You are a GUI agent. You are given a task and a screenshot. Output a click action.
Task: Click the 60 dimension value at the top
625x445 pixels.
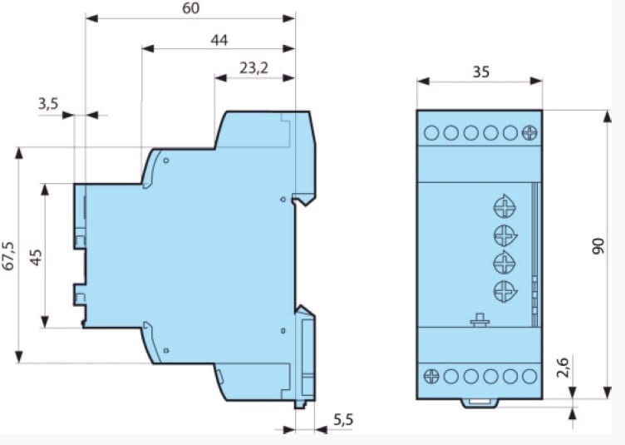pos(191,8)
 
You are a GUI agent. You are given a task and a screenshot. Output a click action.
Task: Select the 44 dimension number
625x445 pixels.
pos(219,40)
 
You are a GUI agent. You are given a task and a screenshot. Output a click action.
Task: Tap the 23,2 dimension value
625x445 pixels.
pos(254,68)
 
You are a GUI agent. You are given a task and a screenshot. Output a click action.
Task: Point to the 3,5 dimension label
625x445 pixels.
pos(48,104)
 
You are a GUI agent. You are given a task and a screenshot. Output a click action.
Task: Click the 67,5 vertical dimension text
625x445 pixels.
pos(9,255)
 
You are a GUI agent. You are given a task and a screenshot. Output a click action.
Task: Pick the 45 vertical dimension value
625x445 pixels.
pos(36,257)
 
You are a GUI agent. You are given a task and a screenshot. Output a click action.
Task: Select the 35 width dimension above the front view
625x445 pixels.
pos(480,72)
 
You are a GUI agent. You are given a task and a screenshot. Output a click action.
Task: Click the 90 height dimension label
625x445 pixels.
pos(598,246)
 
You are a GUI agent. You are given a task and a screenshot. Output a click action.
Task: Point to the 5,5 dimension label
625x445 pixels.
pos(343,419)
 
